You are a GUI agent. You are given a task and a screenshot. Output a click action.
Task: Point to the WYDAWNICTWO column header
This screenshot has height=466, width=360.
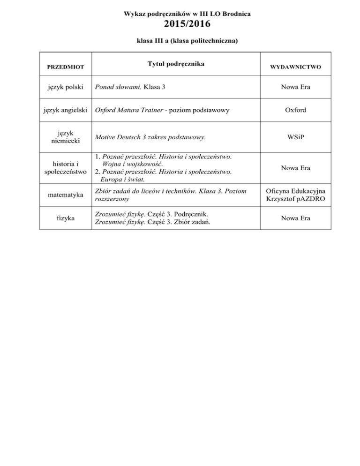[x=295, y=67]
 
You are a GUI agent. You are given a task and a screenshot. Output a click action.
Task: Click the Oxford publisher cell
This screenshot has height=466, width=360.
[x=295, y=111]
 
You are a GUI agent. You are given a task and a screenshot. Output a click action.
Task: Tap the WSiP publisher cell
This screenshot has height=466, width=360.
[x=295, y=137]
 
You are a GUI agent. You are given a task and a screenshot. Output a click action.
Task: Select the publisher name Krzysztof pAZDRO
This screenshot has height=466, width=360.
[x=295, y=199]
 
